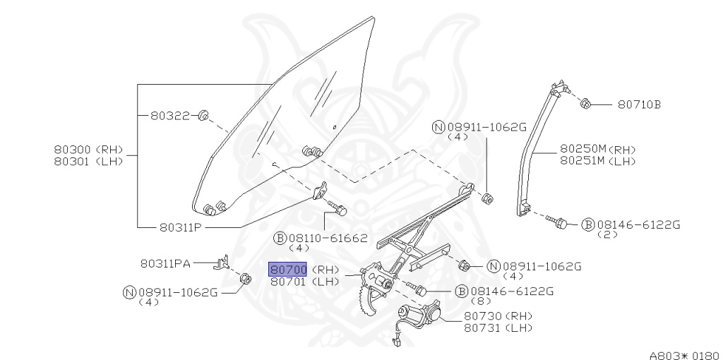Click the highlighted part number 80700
[x=288, y=270]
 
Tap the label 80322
[x=170, y=115]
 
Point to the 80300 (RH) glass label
[x=88, y=150]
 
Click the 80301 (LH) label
[x=88, y=161]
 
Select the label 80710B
[x=639, y=104]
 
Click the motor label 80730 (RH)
[x=498, y=316]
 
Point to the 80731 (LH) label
[x=498, y=327]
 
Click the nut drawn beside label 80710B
[x=585, y=104]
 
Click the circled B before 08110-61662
[x=280, y=239]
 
